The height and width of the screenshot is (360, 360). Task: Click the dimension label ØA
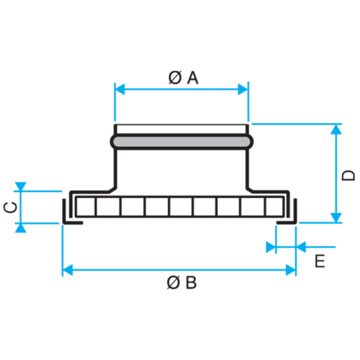(184, 77)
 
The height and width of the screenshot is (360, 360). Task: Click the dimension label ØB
(181, 282)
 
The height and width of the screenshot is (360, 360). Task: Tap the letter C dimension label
(9, 207)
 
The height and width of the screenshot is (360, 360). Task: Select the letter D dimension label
(348, 174)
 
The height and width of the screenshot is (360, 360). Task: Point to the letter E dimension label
(320, 261)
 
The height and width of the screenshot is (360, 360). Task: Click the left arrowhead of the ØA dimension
(120, 89)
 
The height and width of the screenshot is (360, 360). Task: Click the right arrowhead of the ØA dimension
(242, 89)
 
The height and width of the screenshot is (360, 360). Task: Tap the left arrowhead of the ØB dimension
(68, 270)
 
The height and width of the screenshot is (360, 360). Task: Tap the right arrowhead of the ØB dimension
(290, 270)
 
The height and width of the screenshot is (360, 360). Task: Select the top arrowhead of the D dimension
(336, 130)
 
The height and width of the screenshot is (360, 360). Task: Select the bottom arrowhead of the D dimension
(336, 217)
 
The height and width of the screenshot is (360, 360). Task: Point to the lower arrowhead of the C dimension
(20, 228)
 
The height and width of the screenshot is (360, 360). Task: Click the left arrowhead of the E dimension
(271, 247)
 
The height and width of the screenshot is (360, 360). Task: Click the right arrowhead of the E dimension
(301, 247)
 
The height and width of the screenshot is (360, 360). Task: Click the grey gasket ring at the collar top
(181, 142)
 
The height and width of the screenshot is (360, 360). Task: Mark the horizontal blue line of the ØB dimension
(180, 270)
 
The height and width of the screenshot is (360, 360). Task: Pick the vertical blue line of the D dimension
(336, 173)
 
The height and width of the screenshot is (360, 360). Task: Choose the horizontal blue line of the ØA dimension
(180, 89)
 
